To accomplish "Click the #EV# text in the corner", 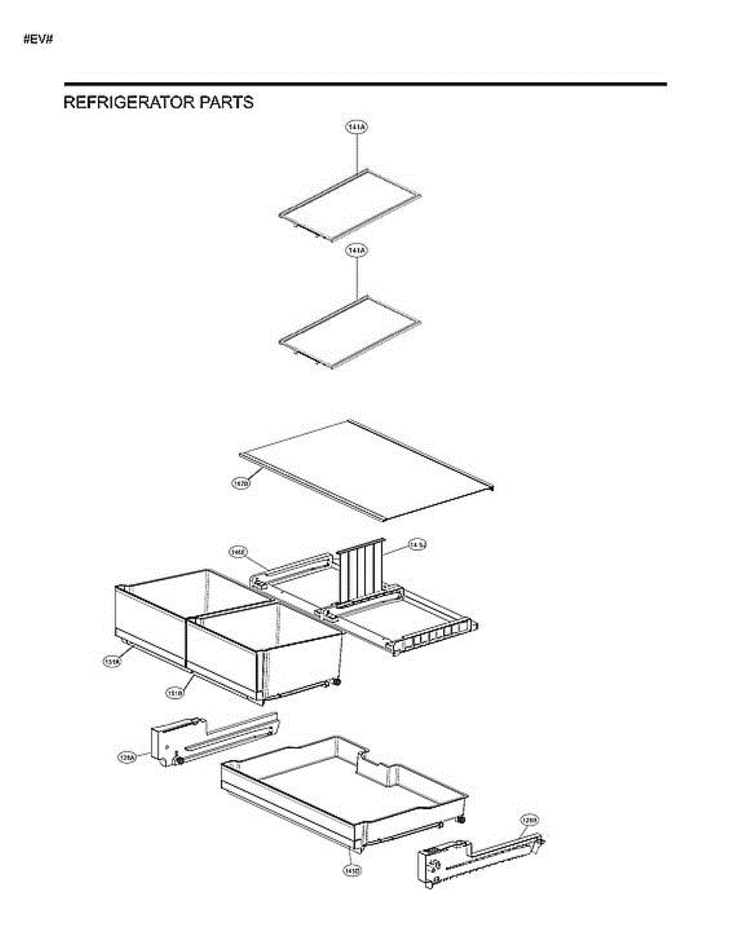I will [x=38, y=39].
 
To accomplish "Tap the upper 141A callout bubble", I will [x=357, y=126].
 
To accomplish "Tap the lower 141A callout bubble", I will [x=357, y=250].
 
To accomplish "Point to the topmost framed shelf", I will [x=349, y=205].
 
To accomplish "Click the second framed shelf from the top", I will [x=349, y=332].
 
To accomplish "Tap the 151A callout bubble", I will [x=111, y=662].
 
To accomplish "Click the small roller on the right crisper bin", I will [x=337, y=683].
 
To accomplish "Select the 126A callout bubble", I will [x=126, y=757].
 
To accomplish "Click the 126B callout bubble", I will [x=529, y=820].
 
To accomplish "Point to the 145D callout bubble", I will [x=351, y=870].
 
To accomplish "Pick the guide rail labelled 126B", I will [x=474, y=861].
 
